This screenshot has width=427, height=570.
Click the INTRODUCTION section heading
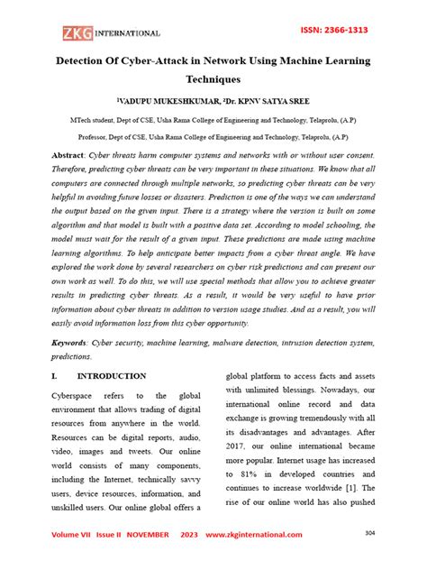[x=112, y=374]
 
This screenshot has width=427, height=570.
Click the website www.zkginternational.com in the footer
[x=254, y=535]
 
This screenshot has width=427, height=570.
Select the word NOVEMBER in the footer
[x=144, y=535]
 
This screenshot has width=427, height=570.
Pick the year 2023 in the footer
[x=191, y=535]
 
